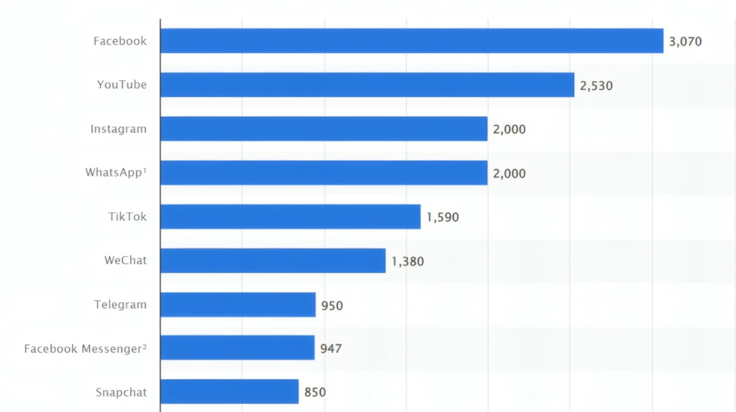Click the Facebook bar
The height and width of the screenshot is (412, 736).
click(x=411, y=41)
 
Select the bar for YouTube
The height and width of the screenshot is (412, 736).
click(x=367, y=85)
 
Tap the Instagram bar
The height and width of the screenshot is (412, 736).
click(x=324, y=129)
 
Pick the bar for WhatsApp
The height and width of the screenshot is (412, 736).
click(x=324, y=173)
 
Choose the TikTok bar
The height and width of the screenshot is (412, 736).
click(x=290, y=217)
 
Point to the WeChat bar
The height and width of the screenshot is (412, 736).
click(x=272, y=260)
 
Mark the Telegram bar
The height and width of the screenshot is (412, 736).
click(x=238, y=305)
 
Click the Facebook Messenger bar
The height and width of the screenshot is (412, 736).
click(x=237, y=348)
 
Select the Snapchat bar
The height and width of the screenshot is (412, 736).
click(x=229, y=392)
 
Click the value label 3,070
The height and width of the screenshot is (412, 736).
click(x=685, y=42)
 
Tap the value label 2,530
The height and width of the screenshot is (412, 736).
click(x=596, y=85)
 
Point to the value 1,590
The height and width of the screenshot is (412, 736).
click(x=442, y=218)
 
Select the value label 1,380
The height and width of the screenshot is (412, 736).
click(x=408, y=261)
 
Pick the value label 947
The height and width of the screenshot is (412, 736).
click(x=331, y=349)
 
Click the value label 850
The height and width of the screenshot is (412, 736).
click(x=315, y=393)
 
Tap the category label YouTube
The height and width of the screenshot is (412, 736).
click(x=121, y=85)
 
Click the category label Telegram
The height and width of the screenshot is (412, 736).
click(x=120, y=305)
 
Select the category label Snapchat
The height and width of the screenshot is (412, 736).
click(x=121, y=393)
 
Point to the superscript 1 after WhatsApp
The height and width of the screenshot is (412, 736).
click(x=145, y=170)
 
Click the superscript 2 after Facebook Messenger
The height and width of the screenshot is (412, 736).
click(x=145, y=346)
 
